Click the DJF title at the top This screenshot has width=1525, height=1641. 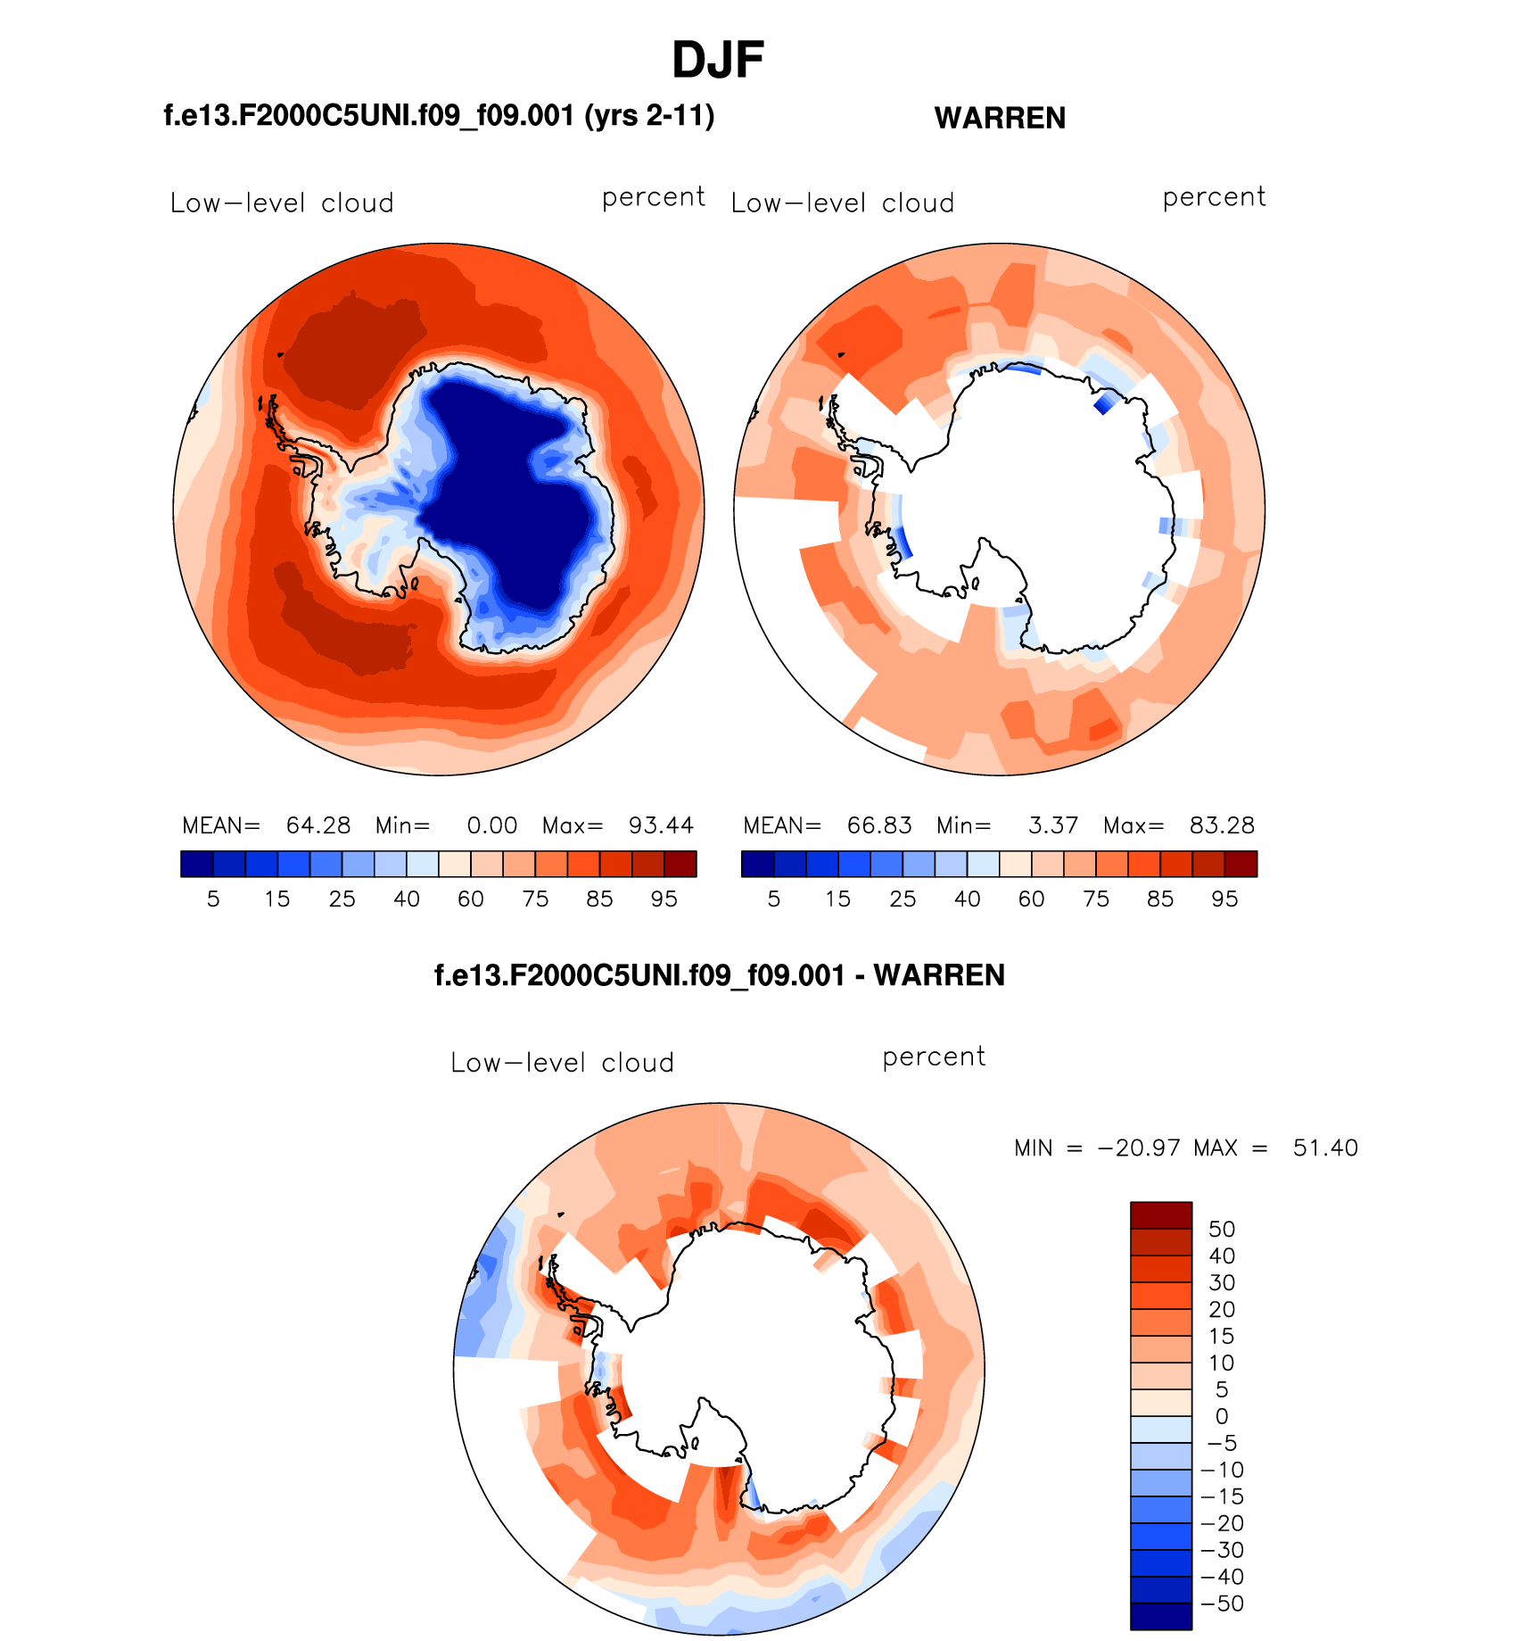coord(717,61)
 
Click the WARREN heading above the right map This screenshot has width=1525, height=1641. coord(1000,118)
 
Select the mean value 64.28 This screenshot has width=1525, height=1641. coord(318,825)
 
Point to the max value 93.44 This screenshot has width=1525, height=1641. coord(661,825)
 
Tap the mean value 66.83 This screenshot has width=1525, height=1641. coord(879,825)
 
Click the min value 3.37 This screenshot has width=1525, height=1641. coord(1053,825)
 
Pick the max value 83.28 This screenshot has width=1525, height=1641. coord(1222,825)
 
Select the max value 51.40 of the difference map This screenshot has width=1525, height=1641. coord(1325,1148)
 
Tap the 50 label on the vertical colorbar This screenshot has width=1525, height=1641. coord(1222,1229)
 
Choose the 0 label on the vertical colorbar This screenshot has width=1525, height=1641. coord(1222,1416)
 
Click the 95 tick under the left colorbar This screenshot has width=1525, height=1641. coord(664,899)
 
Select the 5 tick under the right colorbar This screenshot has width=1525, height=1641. coord(774,899)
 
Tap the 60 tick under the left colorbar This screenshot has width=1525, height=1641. coord(471,899)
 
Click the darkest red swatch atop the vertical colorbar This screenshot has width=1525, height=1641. coord(1161,1215)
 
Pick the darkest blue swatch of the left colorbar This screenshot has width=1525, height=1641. coord(196,864)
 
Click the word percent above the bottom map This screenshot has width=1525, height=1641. coord(934,1057)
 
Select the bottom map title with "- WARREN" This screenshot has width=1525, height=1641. coord(719,975)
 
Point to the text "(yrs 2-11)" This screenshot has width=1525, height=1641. coord(649,116)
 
